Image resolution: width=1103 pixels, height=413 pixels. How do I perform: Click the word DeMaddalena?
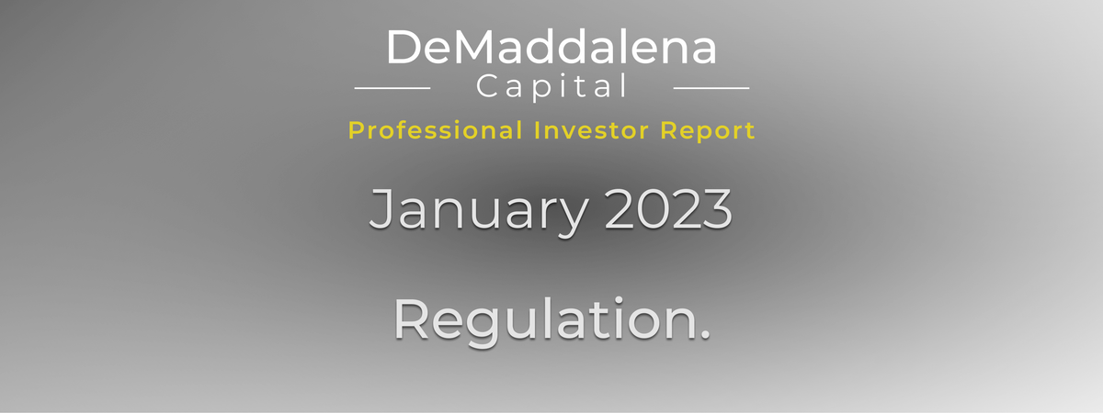click(551, 47)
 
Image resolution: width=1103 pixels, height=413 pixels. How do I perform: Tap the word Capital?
click(551, 87)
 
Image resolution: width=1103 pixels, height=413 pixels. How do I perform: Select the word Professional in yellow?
click(436, 130)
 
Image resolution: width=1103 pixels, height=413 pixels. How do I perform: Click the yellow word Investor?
click(591, 130)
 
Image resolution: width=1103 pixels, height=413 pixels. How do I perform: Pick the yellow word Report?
click(708, 131)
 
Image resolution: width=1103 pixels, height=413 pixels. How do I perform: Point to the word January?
click(479, 212)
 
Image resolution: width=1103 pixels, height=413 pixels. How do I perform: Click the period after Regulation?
click(705, 335)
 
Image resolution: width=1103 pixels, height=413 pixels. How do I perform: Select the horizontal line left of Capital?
click(392, 88)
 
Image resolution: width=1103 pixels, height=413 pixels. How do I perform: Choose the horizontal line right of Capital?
click(711, 88)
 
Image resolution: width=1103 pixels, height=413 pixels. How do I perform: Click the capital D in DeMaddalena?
click(404, 47)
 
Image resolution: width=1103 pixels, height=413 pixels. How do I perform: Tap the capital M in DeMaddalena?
click(474, 47)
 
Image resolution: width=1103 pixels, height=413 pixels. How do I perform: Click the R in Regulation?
click(411, 318)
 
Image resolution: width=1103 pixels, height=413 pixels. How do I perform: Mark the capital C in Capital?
click(488, 86)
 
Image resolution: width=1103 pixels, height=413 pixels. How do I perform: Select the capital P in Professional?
click(356, 130)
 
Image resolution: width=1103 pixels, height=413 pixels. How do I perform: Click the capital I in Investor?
click(537, 130)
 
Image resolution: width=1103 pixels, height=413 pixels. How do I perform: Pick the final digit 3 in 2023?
click(719, 209)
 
